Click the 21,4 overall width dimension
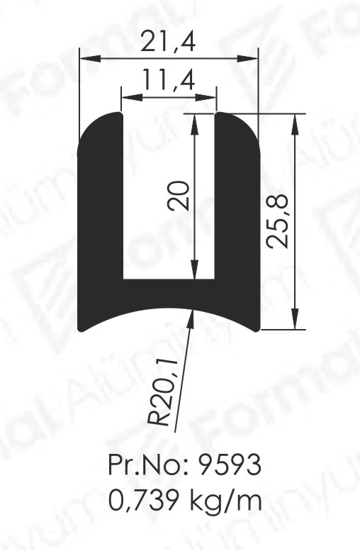168,41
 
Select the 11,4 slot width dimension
169,79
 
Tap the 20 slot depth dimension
179,196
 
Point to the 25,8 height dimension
278,221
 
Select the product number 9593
230,465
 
